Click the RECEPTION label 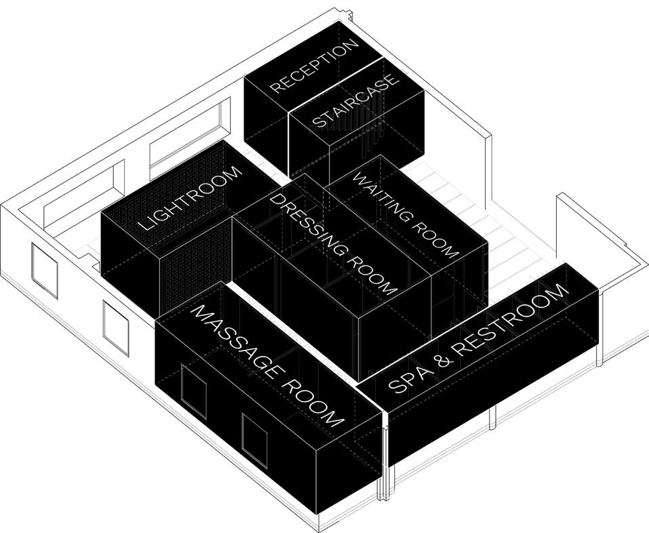coord(313,66)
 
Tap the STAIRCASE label coord(355,101)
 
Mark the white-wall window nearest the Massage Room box coord(115,328)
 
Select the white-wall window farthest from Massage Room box coord(44,269)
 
